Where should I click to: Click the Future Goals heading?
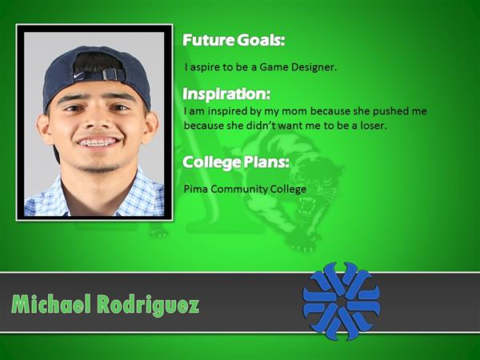234,40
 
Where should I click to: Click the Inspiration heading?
226,94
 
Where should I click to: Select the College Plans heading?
236,162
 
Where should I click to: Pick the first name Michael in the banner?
51,304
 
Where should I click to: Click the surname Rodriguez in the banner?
148,306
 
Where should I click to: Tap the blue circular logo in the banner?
342,301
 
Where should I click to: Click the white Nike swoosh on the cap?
78,74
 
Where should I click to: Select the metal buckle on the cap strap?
110,74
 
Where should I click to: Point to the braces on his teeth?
98,142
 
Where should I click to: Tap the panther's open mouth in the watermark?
306,206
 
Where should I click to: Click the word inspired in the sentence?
227,111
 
